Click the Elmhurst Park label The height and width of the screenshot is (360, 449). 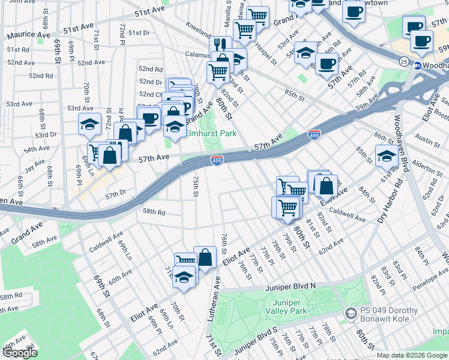211,134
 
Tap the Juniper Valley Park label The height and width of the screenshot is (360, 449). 290,306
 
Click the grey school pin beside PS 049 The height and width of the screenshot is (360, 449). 350,314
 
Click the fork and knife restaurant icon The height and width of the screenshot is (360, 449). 220,44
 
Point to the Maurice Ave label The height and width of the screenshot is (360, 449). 29,35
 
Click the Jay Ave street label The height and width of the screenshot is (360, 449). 35,163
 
